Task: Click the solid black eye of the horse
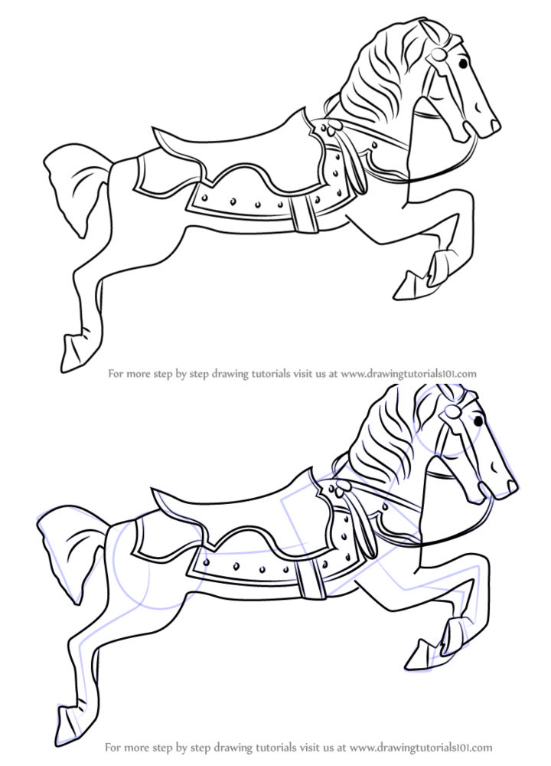pos(478,421)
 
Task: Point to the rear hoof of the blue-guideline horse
pos(67,719)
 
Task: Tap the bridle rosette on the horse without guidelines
pos(436,55)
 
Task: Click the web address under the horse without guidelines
pos(409,374)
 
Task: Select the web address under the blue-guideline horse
pos(420,746)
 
